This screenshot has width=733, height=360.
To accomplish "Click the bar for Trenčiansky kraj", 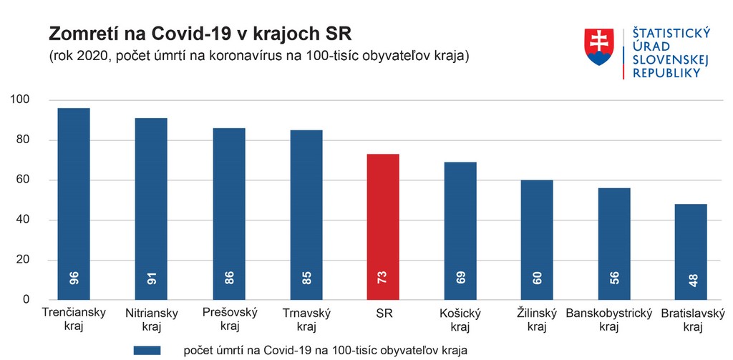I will [x=74, y=203].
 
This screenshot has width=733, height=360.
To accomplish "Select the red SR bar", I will [x=383, y=226].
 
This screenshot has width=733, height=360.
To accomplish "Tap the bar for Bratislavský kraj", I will [x=691, y=251].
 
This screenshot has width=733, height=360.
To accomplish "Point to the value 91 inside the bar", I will [x=151, y=278].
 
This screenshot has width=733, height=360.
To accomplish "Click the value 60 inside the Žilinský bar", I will [x=538, y=278].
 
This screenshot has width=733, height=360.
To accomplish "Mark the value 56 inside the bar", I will [x=615, y=278].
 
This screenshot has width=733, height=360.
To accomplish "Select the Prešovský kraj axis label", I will [x=229, y=319].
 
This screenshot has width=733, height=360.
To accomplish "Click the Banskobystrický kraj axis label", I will [x=608, y=319].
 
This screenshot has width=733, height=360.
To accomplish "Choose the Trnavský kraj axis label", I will [x=306, y=319].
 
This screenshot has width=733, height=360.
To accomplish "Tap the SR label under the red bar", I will [x=384, y=313].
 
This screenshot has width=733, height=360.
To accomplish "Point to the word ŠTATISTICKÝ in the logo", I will [x=671, y=33].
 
